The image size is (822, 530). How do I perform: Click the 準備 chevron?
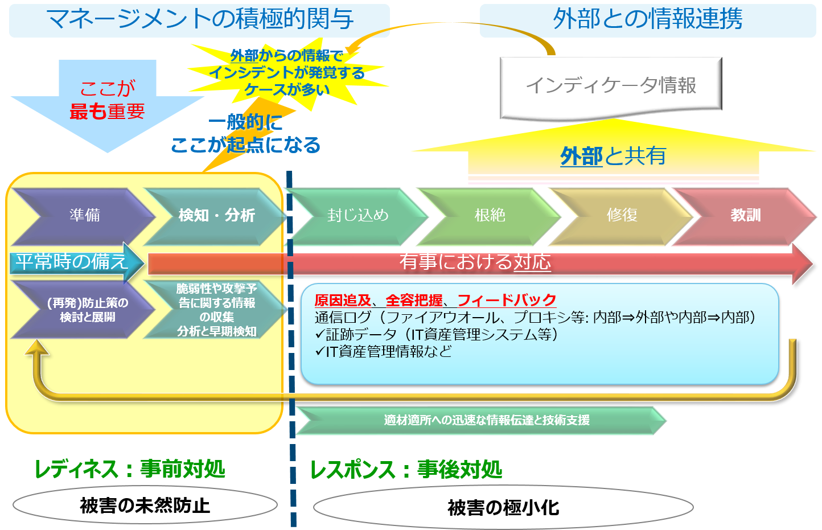coord(84,216)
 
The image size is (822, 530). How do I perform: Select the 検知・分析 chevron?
coord(216,216)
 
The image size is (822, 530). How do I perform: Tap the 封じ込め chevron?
coord(357,216)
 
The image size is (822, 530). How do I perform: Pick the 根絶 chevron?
coord(490,216)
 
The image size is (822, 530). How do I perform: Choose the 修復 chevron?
coord(622,216)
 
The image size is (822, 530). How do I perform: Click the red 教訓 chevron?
coord(745,216)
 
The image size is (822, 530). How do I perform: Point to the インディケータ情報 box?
coord(611,86)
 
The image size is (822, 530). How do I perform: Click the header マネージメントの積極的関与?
coord(199,20)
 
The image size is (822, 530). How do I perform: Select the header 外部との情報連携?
coord(647,20)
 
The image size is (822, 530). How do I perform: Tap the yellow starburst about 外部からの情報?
coord(286,73)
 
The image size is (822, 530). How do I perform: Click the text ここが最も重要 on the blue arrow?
coord(107,100)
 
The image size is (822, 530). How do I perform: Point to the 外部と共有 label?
coord(613,156)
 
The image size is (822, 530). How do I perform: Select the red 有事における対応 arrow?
coord(475,262)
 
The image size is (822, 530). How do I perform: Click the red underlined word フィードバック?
coord(507,300)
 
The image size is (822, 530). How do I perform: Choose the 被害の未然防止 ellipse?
coord(145,506)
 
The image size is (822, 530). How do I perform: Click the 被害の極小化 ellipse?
coord(503,507)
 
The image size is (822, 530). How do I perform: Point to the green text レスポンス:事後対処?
coord(406,470)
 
